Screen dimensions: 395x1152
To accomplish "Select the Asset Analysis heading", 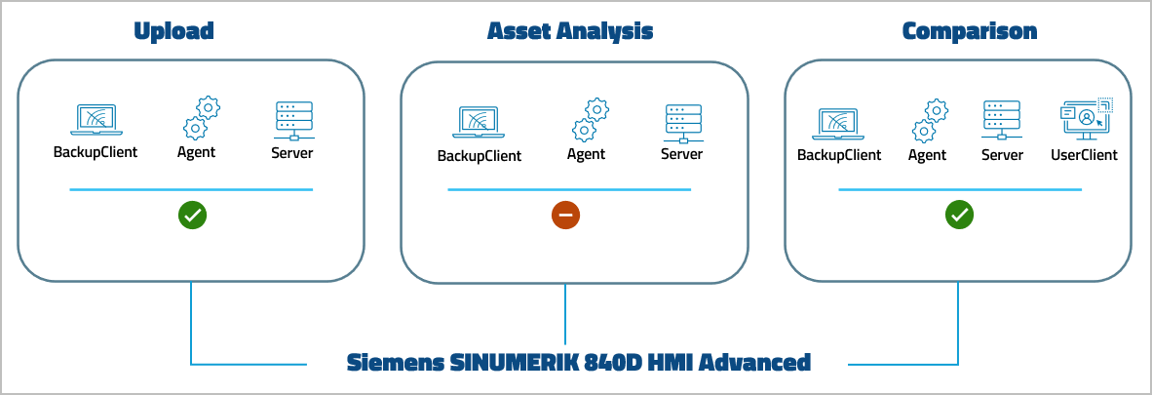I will coord(569,31).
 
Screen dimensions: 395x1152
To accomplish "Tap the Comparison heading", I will coord(969,31).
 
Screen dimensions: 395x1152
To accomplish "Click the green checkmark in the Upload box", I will coord(192,216).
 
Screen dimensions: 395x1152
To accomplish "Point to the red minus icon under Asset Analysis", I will coord(565,216).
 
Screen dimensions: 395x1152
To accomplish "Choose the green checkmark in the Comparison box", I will coord(959,216).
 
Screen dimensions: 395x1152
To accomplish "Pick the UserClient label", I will coord(1084,155).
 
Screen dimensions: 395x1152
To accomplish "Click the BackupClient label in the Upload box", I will coord(96,152).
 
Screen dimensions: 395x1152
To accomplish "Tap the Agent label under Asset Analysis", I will coord(586,154).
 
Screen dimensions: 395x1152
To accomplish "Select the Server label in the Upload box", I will coord(293,152).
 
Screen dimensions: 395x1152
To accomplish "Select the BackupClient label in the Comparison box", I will coord(839,155).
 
